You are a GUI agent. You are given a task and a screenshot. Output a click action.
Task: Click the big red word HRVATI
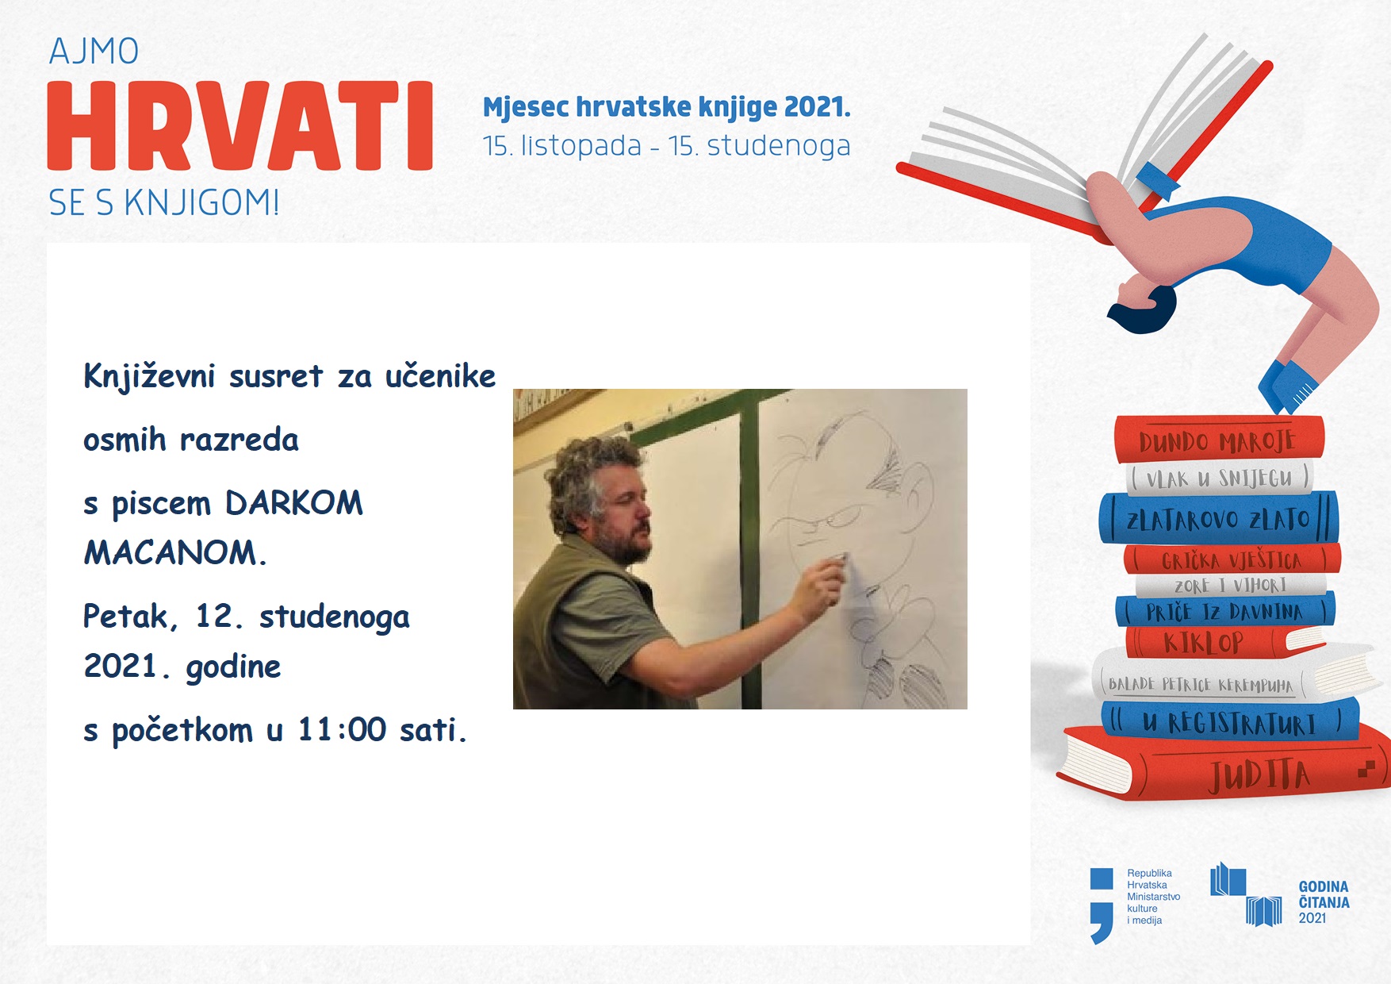pyautogui.click(x=240, y=125)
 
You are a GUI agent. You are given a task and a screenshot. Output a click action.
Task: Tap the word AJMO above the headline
pyautogui.click(x=94, y=52)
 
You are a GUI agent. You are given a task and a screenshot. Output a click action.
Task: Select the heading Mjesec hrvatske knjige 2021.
pyautogui.click(x=666, y=107)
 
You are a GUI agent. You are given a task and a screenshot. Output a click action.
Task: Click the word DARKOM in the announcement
pyautogui.click(x=293, y=503)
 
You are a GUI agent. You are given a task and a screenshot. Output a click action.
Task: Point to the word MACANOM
pyautogui.click(x=174, y=552)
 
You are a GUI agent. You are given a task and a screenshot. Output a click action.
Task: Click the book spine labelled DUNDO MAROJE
pyautogui.click(x=1219, y=440)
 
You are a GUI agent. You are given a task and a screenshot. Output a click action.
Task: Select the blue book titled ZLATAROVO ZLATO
pyautogui.click(x=1219, y=518)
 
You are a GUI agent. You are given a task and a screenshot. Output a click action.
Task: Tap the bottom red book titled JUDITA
pyautogui.click(x=1225, y=766)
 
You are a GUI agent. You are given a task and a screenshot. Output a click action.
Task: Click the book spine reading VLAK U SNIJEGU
pyautogui.click(x=1219, y=478)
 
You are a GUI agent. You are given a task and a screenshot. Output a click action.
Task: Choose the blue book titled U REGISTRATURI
pyautogui.click(x=1229, y=721)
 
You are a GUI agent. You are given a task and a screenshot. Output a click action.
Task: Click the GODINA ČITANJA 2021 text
pyautogui.click(x=1324, y=902)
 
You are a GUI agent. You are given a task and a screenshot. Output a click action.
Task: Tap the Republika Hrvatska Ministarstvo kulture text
pyautogui.click(x=1153, y=897)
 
